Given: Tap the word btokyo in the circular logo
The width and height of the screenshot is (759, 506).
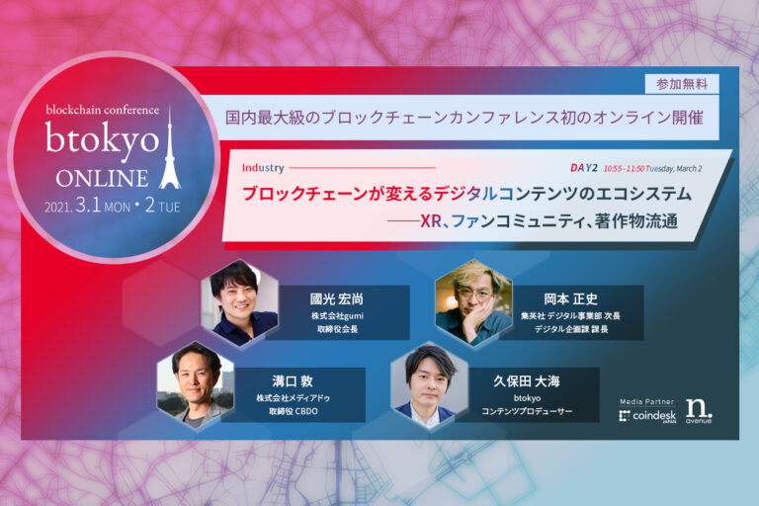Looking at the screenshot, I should point(102,139).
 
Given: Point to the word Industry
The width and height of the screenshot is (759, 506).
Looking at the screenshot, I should point(262,168).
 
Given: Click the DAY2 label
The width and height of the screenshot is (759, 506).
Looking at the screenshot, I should point(585,167).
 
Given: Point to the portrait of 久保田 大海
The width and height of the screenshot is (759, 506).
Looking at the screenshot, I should point(428,379).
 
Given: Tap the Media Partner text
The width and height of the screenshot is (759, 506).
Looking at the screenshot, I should point(646,401).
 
